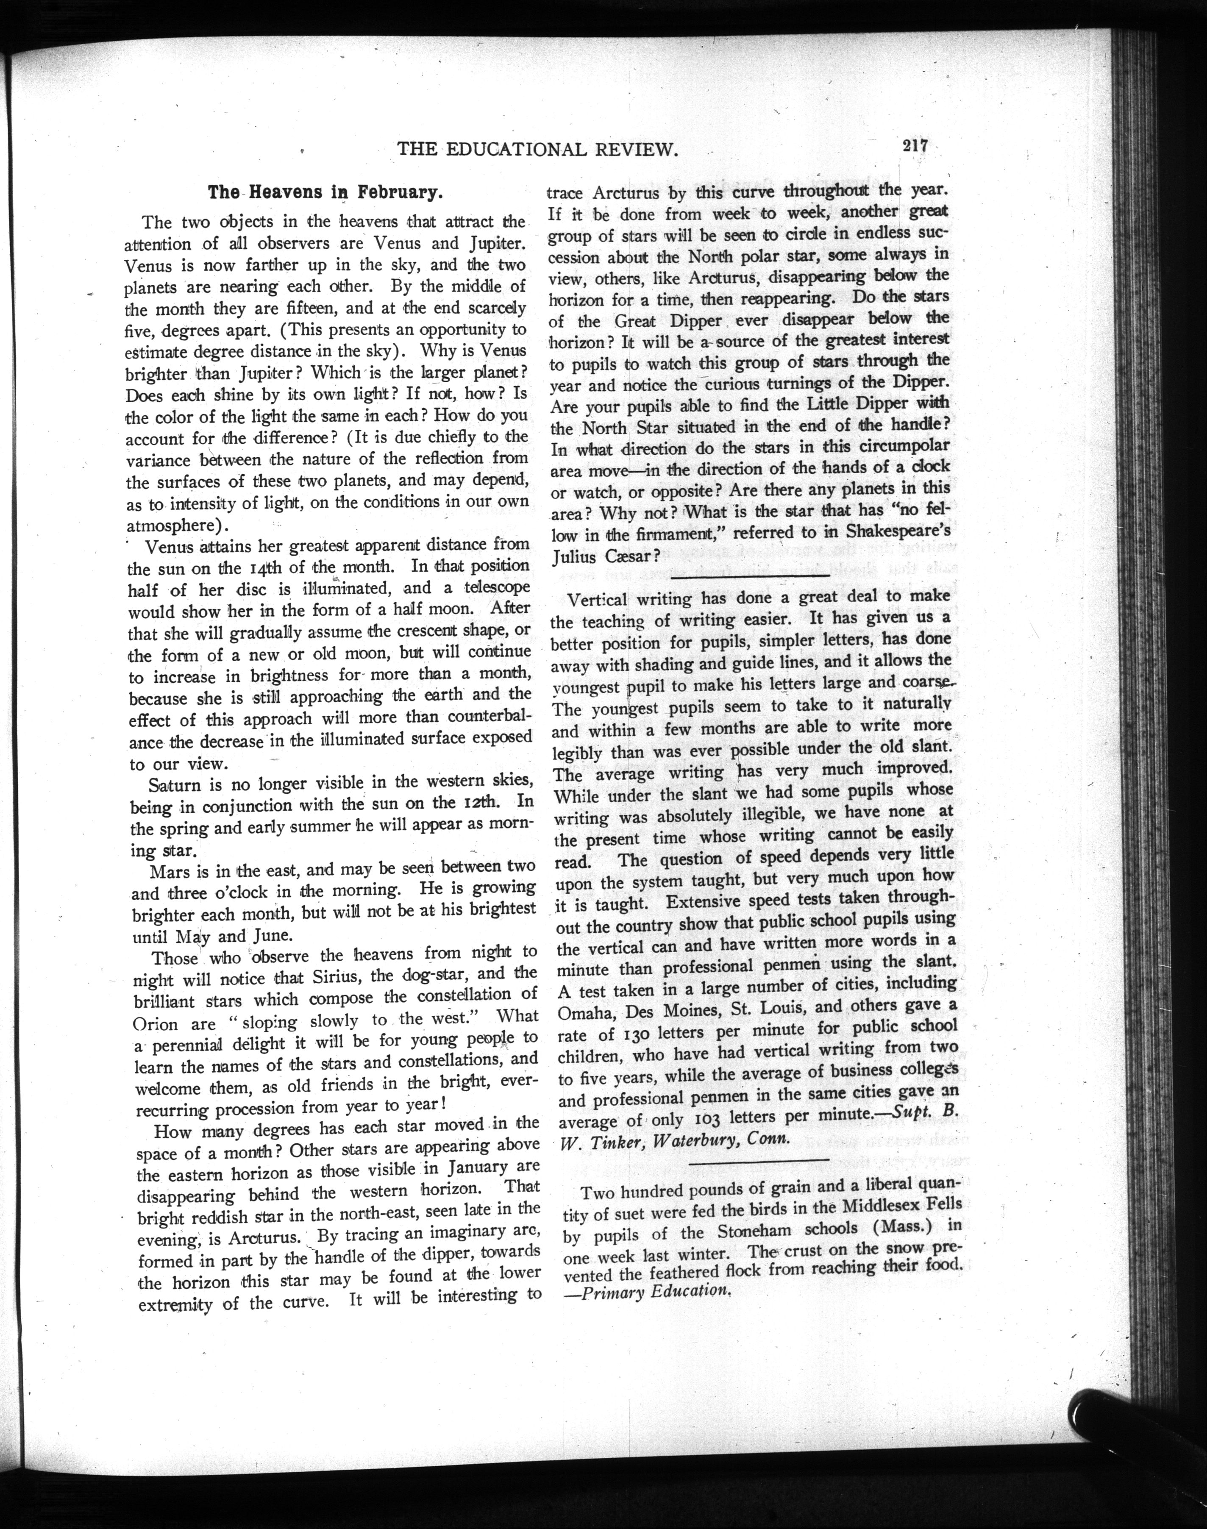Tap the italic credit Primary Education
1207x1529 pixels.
(x=651, y=1290)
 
